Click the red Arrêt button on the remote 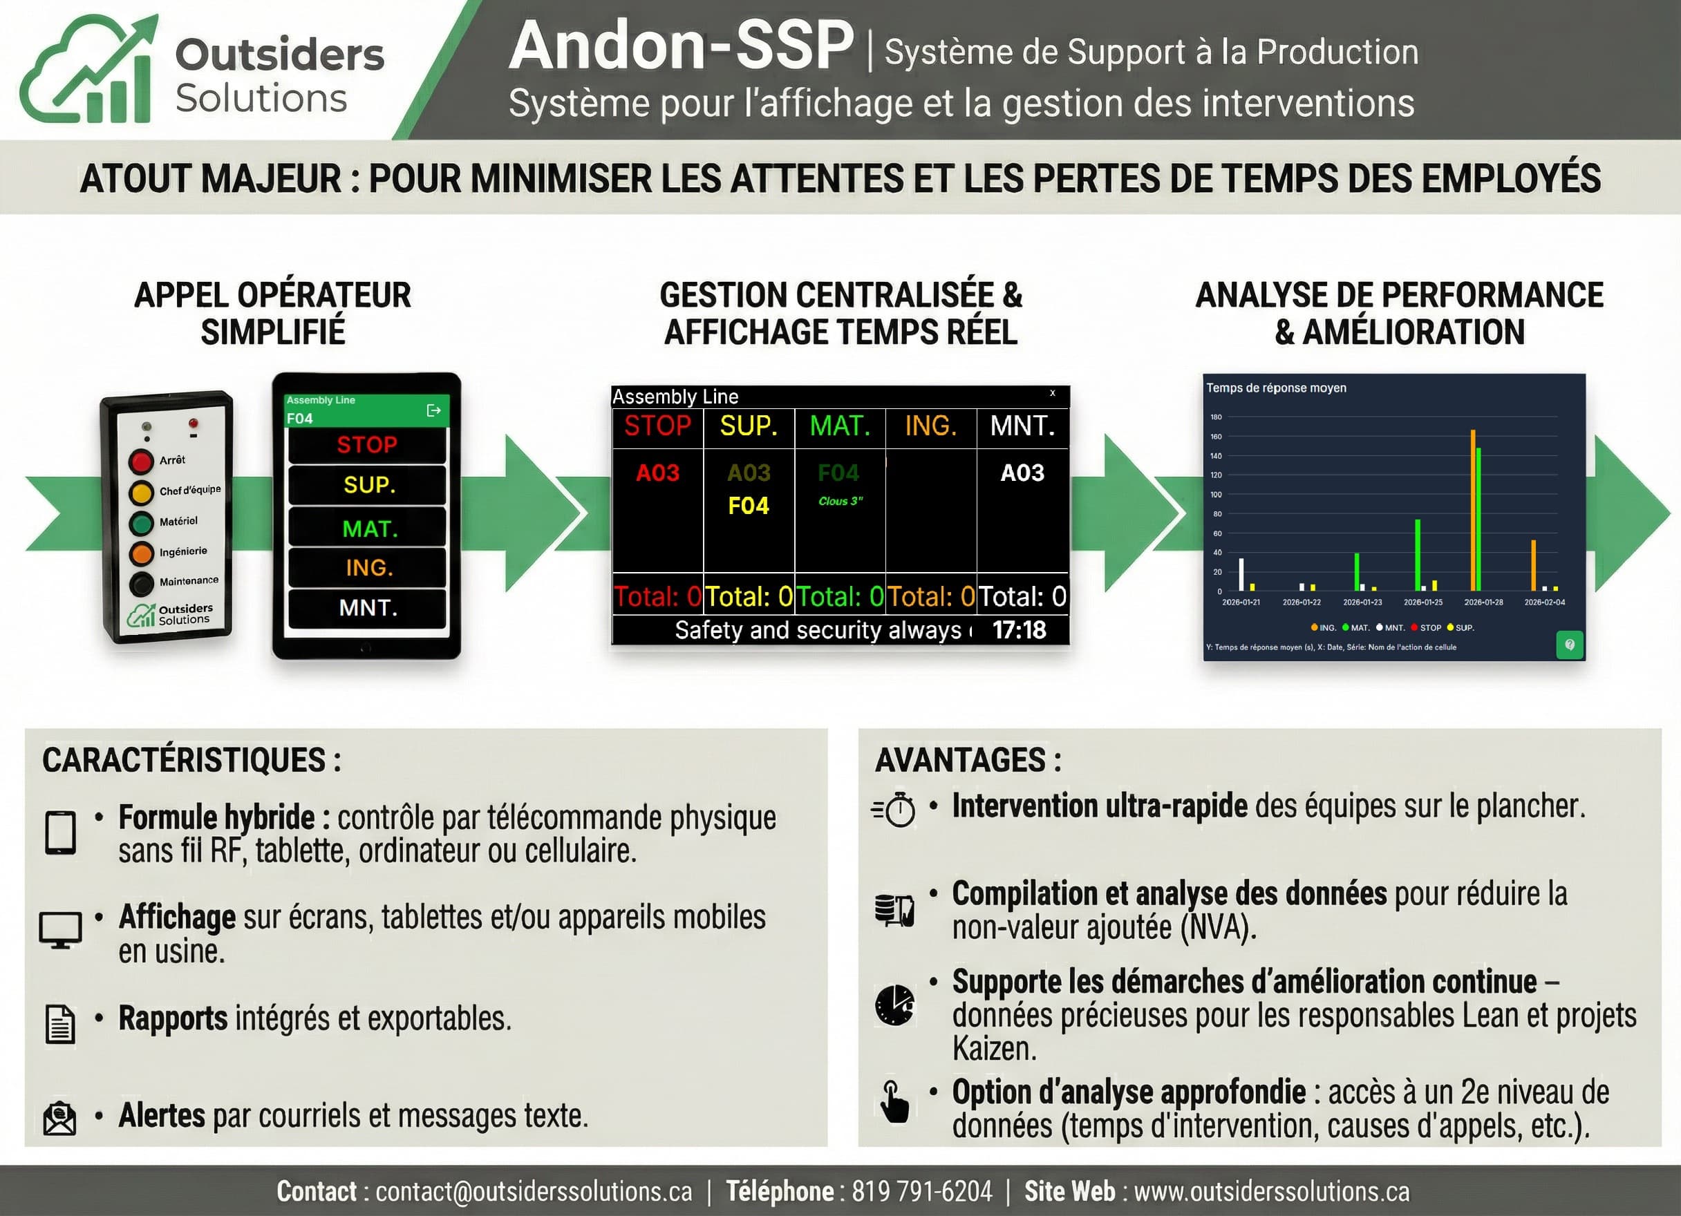click(141, 461)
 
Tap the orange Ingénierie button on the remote click(141, 553)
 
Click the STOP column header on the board click(657, 426)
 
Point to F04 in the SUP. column click(748, 506)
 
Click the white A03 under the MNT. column click(1022, 473)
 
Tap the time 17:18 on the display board click(1019, 630)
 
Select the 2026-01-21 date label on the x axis click(1241, 602)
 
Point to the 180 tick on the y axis click(1217, 417)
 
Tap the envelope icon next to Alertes click(60, 1117)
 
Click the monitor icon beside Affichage click(60, 929)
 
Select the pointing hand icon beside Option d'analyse click(894, 1101)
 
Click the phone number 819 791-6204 click(921, 1192)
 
